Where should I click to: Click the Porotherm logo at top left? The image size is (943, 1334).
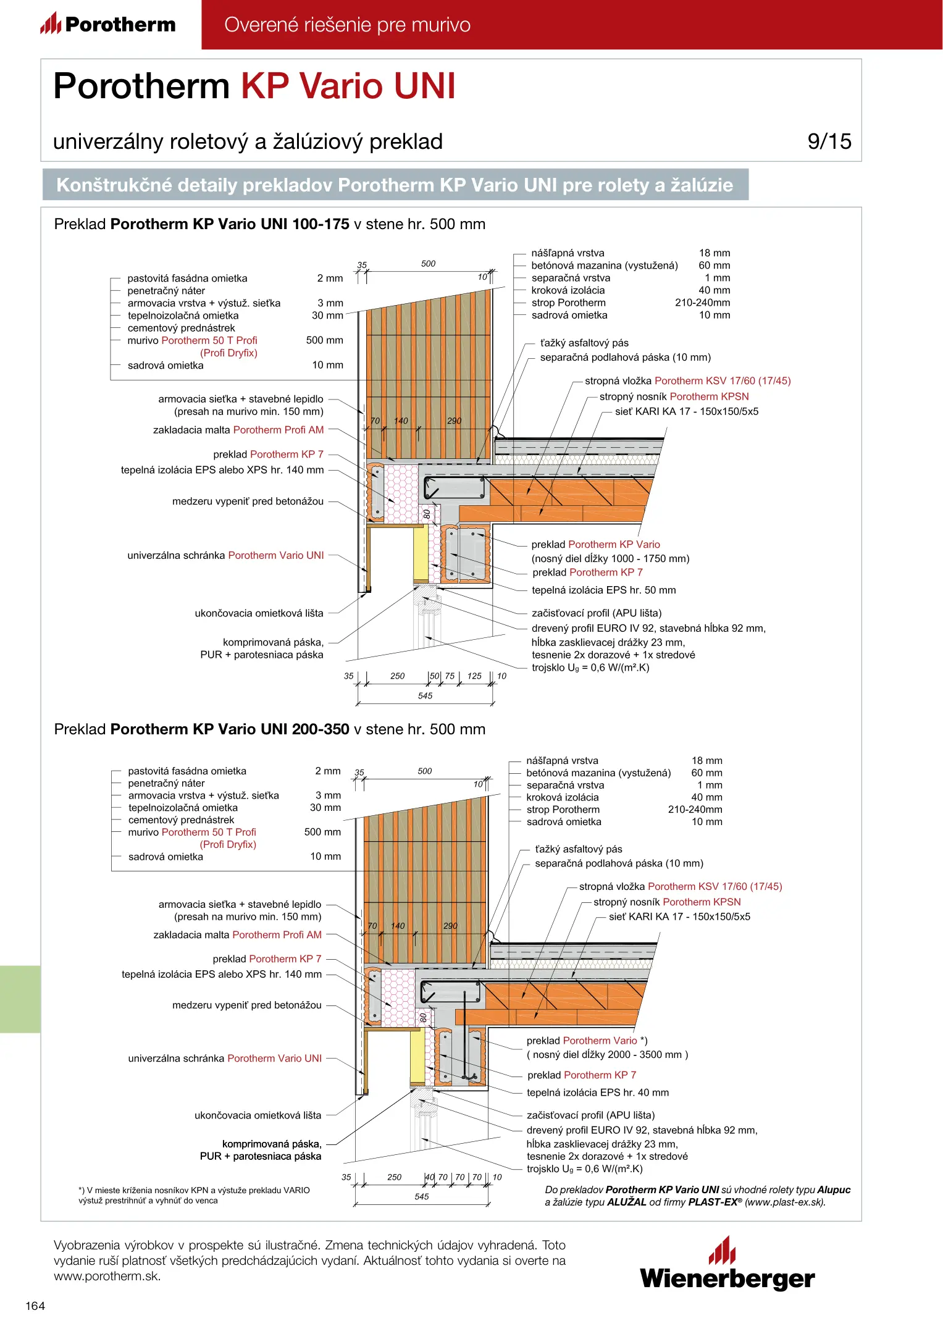108,24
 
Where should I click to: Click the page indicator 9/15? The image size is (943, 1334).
829,141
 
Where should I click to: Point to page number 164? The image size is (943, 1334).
35,1306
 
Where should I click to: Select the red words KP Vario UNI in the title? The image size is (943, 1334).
348,86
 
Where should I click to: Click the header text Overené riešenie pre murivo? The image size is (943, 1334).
347,25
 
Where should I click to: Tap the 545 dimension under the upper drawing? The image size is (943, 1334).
425,696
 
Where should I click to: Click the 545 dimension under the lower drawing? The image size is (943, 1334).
421,1197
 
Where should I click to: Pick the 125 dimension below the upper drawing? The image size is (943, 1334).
474,676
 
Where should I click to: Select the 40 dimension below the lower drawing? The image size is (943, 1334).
430,1177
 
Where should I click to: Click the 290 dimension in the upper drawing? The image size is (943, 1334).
454,421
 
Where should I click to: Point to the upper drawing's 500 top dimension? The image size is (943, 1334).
428,264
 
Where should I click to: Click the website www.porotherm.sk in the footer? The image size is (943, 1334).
107,1277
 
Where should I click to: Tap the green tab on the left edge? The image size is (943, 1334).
20,999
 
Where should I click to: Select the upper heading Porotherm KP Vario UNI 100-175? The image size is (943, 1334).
230,224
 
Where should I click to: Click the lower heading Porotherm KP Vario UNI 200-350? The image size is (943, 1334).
230,729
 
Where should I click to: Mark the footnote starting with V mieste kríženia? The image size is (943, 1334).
194,1195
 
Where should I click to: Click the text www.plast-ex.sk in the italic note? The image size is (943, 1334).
784,1202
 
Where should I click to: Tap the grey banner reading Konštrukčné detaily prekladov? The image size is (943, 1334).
395,185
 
